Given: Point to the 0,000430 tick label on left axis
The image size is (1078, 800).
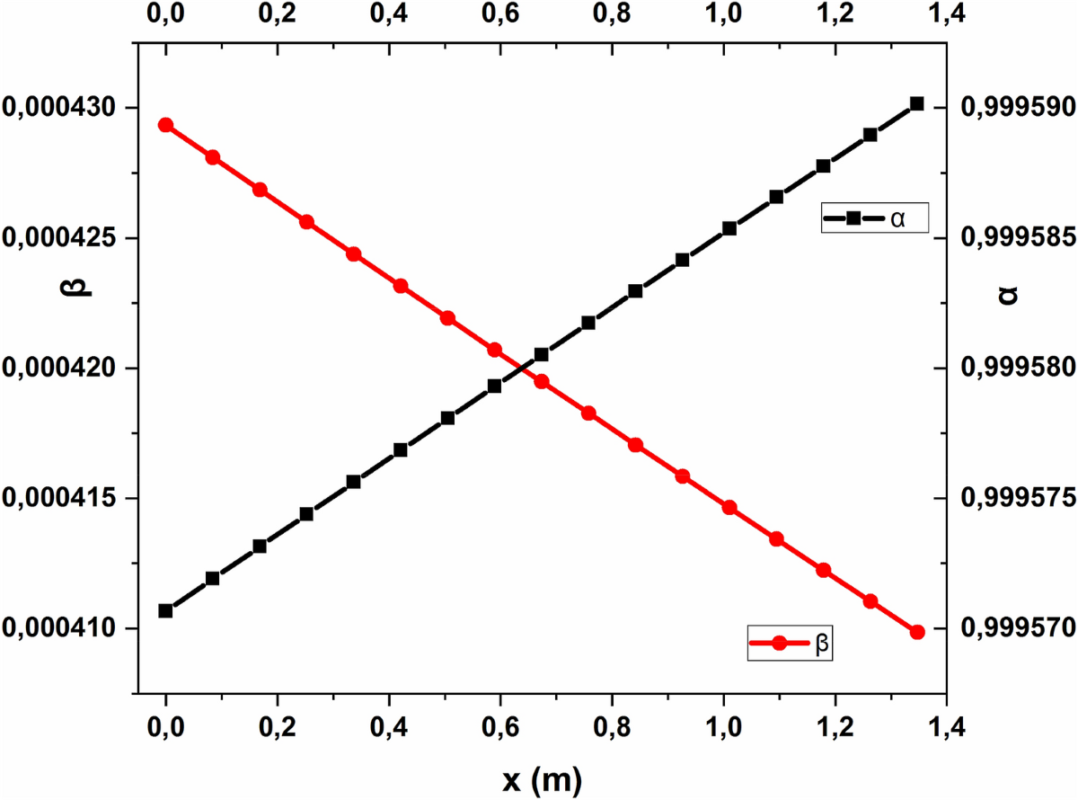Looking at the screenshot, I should [x=60, y=108].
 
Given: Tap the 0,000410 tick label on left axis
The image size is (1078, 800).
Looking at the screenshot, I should [x=60, y=628].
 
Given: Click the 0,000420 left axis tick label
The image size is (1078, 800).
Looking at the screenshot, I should [x=60, y=369].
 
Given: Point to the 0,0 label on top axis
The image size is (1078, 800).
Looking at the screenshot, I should [x=165, y=16].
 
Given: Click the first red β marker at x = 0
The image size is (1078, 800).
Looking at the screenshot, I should [x=165, y=125].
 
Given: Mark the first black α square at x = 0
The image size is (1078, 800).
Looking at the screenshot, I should [x=165, y=611].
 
